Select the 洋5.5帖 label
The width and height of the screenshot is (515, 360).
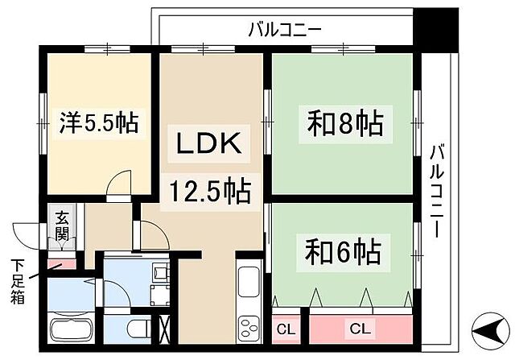[99, 123]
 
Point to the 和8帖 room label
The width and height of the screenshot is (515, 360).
[344, 125]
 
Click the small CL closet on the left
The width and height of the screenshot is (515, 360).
[286, 329]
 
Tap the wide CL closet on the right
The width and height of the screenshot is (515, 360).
[360, 329]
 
